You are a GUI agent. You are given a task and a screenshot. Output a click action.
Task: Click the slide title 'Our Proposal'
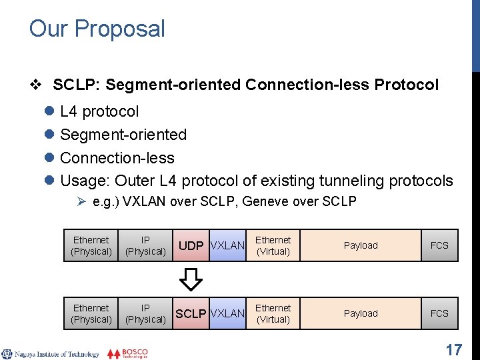(x=97, y=29)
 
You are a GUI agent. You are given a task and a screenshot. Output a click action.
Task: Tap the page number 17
(x=454, y=349)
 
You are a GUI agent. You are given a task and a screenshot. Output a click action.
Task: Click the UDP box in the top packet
(x=191, y=245)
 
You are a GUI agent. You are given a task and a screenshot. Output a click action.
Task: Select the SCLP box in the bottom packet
(x=191, y=313)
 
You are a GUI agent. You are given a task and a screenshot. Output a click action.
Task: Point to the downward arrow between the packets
(x=192, y=279)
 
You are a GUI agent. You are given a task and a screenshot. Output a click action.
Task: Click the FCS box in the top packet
(x=439, y=245)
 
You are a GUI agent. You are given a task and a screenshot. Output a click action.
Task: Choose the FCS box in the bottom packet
(x=439, y=313)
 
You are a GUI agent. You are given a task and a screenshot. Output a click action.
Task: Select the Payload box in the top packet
(x=361, y=245)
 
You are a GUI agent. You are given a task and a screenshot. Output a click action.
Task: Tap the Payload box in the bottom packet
(x=361, y=313)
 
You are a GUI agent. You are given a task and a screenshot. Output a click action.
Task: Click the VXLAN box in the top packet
(x=227, y=245)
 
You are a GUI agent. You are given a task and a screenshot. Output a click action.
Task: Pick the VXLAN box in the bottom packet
(x=227, y=313)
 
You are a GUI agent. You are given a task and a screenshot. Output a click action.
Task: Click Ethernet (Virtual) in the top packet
(x=273, y=245)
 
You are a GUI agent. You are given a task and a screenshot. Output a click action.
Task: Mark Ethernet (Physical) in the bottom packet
(x=91, y=313)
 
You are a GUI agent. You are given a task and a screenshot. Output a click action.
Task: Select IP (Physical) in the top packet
(x=145, y=245)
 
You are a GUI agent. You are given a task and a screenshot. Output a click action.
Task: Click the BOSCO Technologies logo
(x=128, y=353)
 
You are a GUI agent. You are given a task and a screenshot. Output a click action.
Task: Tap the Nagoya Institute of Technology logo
(x=50, y=354)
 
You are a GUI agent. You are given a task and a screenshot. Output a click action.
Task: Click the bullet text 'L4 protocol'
(x=99, y=111)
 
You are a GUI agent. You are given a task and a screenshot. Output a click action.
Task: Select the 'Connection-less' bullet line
(x=117, y=158)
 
